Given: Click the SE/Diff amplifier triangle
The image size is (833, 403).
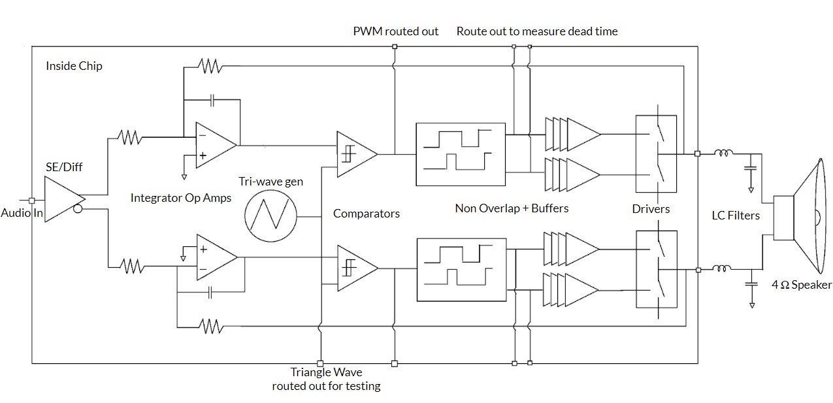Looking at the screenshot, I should pyautogui.click(x=62, y=197).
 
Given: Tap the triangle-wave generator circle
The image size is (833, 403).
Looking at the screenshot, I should pyautogui.click(x=270, y=214).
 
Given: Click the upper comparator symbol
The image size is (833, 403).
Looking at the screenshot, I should pyautogui.click(x=355, y=154).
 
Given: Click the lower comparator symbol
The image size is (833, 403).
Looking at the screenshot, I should pyautogui.click(x=355, y=268).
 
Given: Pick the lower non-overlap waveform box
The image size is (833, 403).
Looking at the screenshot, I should pyautogui.click(x=461, y=269).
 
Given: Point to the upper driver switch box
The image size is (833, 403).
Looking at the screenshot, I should pyautogui.click(x=656, y=154).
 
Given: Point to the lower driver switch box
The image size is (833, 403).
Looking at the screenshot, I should pyautogui.click(x=656, y=268).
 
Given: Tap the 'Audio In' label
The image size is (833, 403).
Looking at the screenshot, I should pyautogui.click(x=21, y=213).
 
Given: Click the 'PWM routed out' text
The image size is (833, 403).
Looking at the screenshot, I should pyautogui.click(x=395, y=31).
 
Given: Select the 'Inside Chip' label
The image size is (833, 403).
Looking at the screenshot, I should pyautogui.click(x=74, y=66).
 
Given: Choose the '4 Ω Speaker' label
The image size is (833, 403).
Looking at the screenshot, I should pyautogui.click(x=802, y=285).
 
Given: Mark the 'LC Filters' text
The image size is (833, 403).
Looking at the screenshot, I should pyautogui.click(x=736, y=215).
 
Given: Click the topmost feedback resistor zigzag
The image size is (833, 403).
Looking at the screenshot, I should pyautogui.click(x=209, y=66).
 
